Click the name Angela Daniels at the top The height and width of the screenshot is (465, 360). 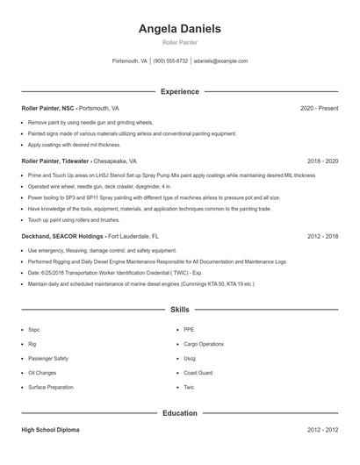pyautogui.click(x=179, y=29)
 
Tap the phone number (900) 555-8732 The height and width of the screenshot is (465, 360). pyautogui.click(x=170, y=61)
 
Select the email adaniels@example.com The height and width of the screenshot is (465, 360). pyautogui.click(x=220, y=61)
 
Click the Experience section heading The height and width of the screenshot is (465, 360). pyautogui.click(x=179, y=91)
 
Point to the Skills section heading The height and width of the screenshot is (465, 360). pyautogui.click(x=179, y=310)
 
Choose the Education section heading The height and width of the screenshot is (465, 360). pyautogui.click(x=179, y=412)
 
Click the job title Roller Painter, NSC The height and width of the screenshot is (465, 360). pyautogui.click(x=54, y=108)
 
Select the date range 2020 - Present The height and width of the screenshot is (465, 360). pyautogui.click(x=319, y=108)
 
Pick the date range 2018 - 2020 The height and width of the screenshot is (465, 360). pyautogui.click(x=322, y=161)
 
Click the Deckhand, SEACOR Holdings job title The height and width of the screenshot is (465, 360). pyautogui.click(x=63, y=236)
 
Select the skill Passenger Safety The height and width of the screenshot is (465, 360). pyautogui.click(x=47, y=358)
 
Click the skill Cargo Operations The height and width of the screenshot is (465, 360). pyautogui.click(x=204, y=344)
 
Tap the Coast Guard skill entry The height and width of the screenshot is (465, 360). pyautogui.click(x=198, y=372)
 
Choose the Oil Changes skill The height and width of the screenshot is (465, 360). pyautogui.click(x=42, y=372)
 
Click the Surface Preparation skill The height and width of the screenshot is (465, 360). pyautogui.click(x=51, y=386)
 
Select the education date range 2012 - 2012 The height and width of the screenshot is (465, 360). pyautogui.click(x=322, y=430)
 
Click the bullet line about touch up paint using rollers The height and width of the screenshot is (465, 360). pyautogui.click(x=75, y=219)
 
